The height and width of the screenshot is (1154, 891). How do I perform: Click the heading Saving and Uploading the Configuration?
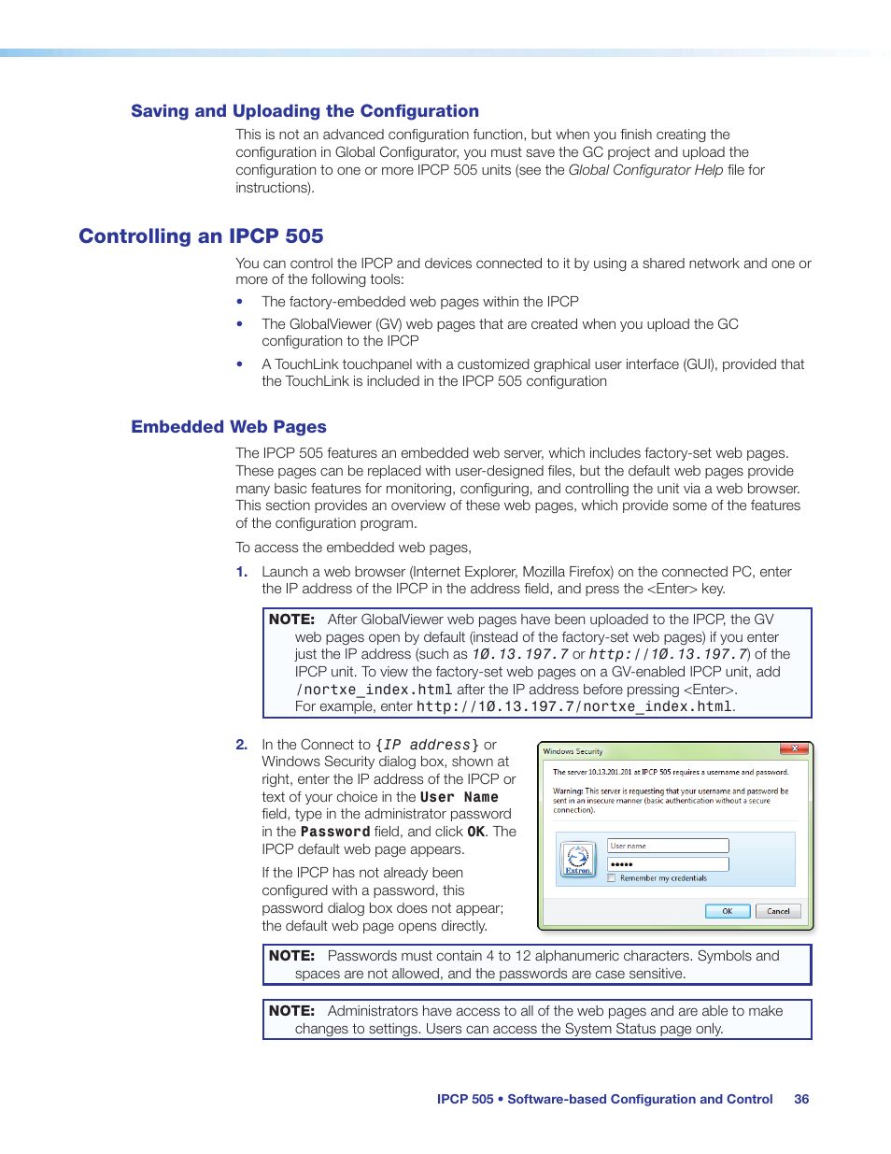pyautogui.click(x=304, y=111)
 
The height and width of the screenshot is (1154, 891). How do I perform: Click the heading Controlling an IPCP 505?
pyautogui.click(x=201, y=236)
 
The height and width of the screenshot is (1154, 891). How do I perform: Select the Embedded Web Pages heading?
pyautogui.click(x=229, y=427)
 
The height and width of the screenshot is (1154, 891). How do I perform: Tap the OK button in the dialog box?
pyautogui.click(x=727, y=911)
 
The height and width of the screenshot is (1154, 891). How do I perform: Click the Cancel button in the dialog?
pyautogui.click(x=778, y=911)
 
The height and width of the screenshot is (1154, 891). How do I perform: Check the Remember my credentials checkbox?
pyautogui.click(x=612, y=878)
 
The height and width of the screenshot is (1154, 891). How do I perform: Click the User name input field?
pyautogui.click(x=668, y=846)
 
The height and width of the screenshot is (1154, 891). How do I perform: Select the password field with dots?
pyautogui.click(x=668, y=864)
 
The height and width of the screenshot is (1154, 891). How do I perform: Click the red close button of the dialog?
pyautogui.click(x=794, y=749)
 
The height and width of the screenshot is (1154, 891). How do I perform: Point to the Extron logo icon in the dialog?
pyautogui.click(x=578, y=859)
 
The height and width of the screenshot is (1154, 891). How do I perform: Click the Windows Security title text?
pyautogui.click(x=573, y=751)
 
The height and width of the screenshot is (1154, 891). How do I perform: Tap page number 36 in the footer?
pyautogui.click(x=801, y=1100)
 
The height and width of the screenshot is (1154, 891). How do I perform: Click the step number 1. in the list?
pyautogui.click(x=242, y=572)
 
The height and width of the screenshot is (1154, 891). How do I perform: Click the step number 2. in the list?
pyautogui.click(x=242, y=745)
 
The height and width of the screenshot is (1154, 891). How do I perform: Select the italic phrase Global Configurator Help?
pyautogui.click(x=645, y=170)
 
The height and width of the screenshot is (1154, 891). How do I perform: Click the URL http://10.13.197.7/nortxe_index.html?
pyautogui.click(x=574, y=707)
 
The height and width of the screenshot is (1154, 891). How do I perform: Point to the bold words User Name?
pyautogui.click(x=459, y=797)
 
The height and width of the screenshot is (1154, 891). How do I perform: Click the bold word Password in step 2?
pyautogui.click(x=335, y=832)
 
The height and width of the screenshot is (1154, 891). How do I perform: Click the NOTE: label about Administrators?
pyautogui.click(x=291, y=1011)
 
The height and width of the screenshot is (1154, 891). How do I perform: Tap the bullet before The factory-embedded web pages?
pyautogui.click(x=240, y=302)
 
